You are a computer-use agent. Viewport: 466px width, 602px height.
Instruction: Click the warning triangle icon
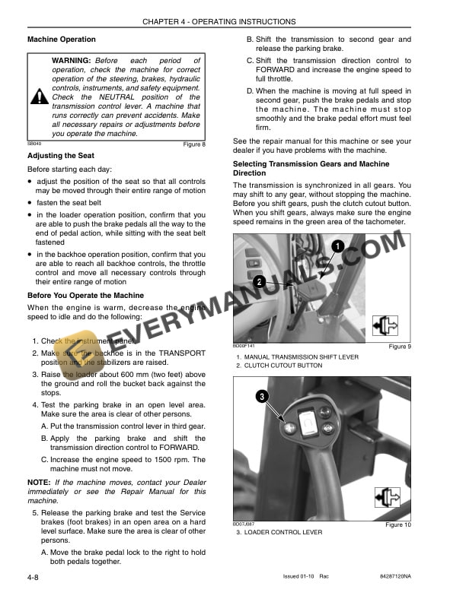click(40, 97)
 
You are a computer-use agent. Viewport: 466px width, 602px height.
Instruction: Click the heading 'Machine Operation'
click(62, 40)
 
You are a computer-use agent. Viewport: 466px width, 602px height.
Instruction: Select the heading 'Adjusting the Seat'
click(61, 156)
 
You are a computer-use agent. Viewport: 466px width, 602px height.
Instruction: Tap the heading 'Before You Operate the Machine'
click(85, 295)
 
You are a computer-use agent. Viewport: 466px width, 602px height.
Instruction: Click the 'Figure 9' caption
click(400, 347)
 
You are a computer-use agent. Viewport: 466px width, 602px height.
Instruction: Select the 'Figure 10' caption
click(398, 525)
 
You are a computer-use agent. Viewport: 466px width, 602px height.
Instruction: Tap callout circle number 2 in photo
click(260, 282)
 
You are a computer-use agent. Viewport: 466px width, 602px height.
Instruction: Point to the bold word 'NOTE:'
click(39, 482)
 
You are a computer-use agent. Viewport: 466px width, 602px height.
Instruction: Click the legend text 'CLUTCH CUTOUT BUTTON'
click(283, 366)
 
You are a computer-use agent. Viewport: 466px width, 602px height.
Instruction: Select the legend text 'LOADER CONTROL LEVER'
click(282, 532)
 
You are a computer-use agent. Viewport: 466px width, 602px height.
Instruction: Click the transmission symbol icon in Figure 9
click(386, 325)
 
